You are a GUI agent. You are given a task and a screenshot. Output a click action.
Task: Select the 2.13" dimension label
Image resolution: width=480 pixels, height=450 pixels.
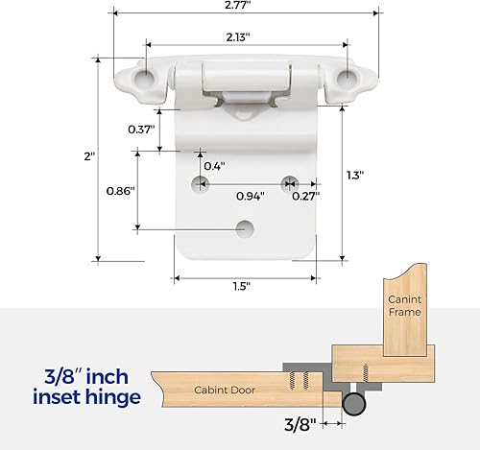tap(240, 37)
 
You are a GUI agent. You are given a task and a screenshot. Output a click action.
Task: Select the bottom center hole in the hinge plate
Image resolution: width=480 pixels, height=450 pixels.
tap(245, 227)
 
